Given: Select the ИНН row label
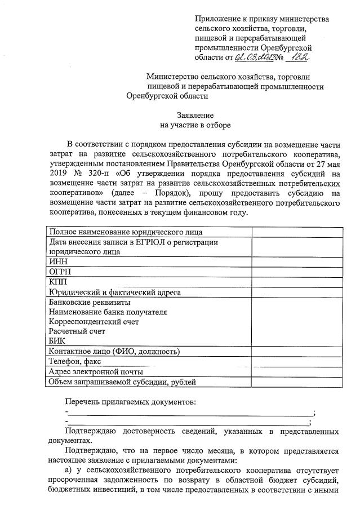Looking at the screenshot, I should tap(59, 261).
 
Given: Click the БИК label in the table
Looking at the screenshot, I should tap(58, 341).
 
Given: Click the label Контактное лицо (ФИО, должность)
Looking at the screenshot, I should tap(114, 352).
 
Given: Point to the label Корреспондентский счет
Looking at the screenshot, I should tap(94, 322).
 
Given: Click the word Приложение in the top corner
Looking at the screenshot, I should tap(216, 19).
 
